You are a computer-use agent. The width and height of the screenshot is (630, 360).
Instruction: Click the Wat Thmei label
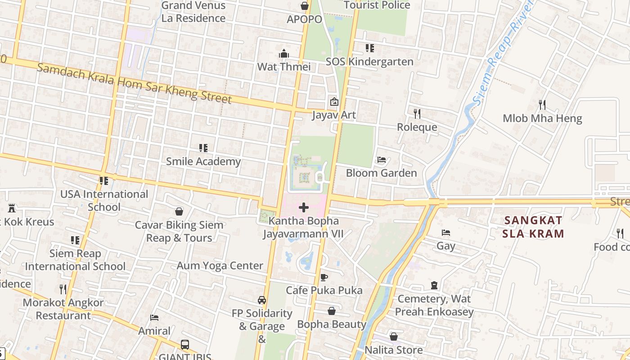(x=284, y=67)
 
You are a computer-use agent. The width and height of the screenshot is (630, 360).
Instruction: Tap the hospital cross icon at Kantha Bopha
(x=304, y=207)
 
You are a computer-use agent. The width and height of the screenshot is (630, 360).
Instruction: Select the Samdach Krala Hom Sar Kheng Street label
(x=134, y=84)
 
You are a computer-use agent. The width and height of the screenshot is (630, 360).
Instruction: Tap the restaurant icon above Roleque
(x=417, y=113)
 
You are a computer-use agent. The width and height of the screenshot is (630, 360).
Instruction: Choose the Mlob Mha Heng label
(x=542, y=118)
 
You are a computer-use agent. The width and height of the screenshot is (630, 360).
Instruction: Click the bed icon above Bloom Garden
(x=382, y=160)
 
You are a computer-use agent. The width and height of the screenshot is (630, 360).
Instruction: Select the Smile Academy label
(x=203, y=161)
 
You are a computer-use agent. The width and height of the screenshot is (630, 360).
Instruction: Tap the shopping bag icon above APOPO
(x=305, y=6)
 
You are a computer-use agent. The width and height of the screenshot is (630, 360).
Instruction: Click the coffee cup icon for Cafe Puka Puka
(x=324, y=277)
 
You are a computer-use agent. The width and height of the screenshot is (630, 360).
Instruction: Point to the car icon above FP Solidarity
(x=262, y=300)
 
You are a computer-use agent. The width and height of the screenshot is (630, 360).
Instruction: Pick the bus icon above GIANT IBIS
(x=184, y=345)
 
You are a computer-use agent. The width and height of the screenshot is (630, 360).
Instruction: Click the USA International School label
(x=104, y=200)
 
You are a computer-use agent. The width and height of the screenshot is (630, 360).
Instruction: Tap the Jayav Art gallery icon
(x=334, y=102)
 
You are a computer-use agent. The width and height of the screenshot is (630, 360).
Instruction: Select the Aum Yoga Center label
(x=220, y=265)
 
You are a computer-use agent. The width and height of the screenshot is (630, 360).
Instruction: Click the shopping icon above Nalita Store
(x=394, y=337)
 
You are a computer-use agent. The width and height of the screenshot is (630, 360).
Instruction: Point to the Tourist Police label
(x=377, y=5)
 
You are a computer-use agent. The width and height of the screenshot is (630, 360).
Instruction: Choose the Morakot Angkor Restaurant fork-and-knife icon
(x=63, y=289)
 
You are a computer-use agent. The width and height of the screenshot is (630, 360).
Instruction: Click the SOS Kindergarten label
(x=369, y=62)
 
